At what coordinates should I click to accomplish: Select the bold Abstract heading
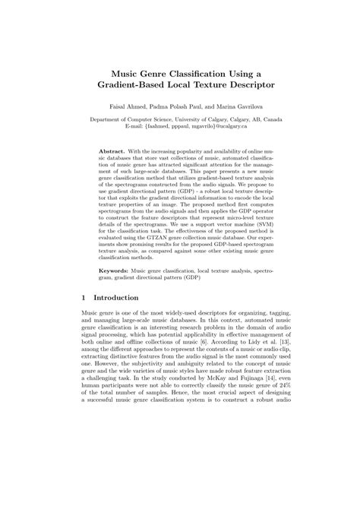click(x=113, y=152)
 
